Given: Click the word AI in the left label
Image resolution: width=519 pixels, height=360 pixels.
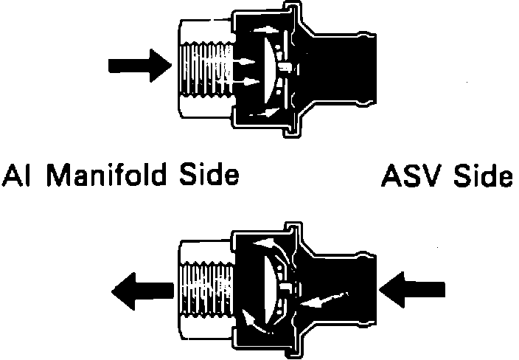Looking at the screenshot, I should (16, 176).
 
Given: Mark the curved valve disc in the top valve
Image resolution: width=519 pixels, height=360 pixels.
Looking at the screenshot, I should (271, 70).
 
